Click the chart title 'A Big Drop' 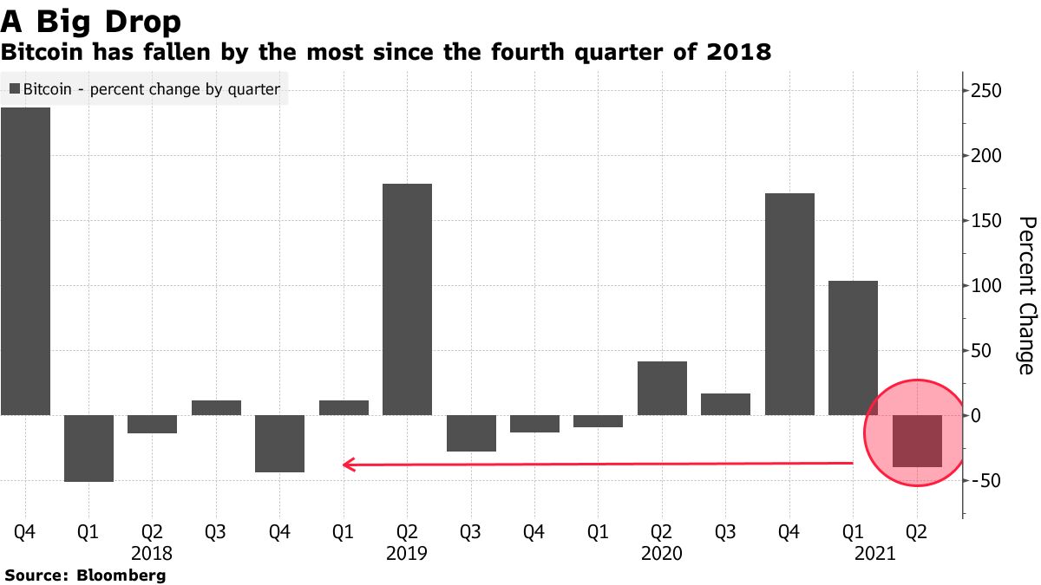91,21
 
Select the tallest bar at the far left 25,260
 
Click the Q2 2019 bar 407,299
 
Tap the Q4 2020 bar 789,303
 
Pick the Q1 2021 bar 853,348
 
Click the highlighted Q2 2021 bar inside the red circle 917,441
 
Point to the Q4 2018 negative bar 279,444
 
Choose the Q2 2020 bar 662,388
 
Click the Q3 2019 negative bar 471,433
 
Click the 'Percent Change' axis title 1025,295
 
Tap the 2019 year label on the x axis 407,553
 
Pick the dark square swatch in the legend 14,89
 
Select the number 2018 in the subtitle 737,53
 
